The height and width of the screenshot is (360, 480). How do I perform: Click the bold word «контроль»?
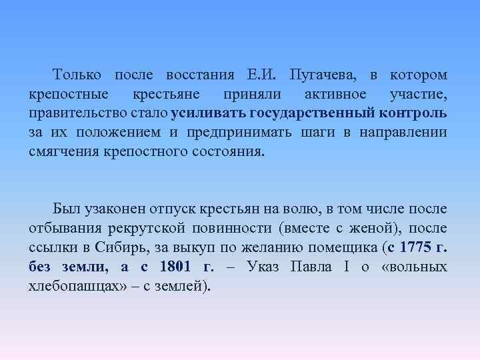(x=416, y=113)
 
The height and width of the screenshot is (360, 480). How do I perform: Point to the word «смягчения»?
(x=63, y=151)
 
